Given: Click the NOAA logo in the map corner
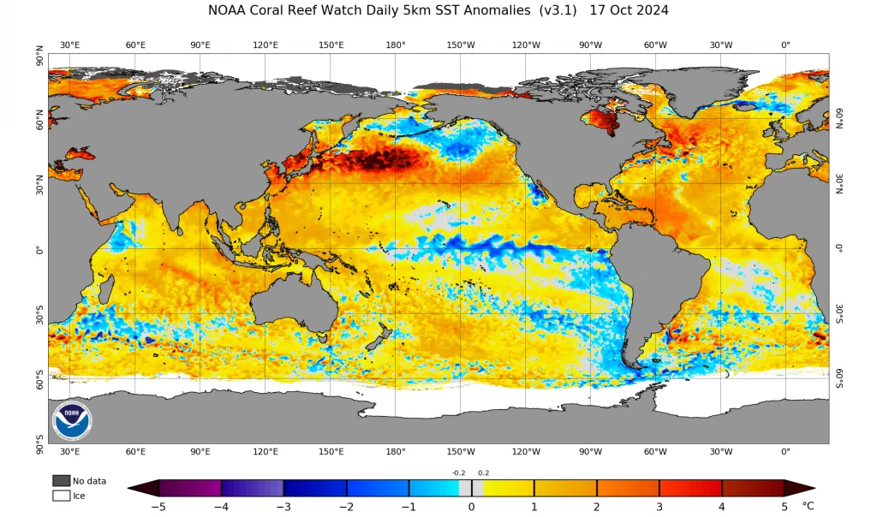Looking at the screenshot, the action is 72,420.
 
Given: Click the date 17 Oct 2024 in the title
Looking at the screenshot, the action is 629,10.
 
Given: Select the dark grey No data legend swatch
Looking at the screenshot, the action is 62,481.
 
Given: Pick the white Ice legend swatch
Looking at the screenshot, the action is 62,496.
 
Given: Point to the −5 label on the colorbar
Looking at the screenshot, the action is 158,507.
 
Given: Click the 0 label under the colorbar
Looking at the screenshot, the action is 472,507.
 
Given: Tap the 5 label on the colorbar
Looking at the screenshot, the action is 785,507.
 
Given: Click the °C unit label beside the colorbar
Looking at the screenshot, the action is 808,506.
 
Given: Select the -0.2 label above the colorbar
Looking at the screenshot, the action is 459,472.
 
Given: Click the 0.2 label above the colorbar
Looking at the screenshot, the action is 483,472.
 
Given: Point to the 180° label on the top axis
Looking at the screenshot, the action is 396,45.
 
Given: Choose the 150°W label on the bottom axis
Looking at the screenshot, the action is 460,452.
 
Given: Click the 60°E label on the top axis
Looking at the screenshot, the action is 135,45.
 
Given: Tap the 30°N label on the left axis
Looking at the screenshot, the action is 39,183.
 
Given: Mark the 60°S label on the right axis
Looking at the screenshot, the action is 840,378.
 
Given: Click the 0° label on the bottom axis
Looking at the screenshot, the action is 786,452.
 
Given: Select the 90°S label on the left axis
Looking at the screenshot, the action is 39,444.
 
